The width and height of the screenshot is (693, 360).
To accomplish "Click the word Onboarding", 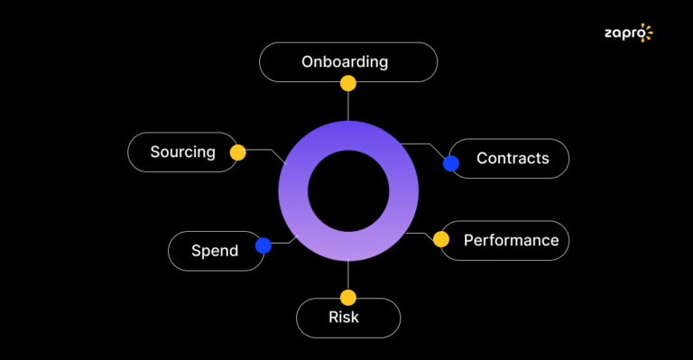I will pyautogui.click(x=345, y=62).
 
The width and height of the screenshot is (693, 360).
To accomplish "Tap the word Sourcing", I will pyautogui.click(x=183, y=152).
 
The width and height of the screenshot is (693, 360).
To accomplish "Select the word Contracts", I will pyautogui.click(x=513, y=158).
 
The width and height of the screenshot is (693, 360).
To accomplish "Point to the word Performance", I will pyautogui.click(x=511, y=240).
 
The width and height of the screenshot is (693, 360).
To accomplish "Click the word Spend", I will pyautogui.click(x=215, y=251).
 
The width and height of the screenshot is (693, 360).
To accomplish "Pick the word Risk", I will pyautogui.click(x=344, y=317).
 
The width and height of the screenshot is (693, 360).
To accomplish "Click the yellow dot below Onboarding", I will pyautogui.click(x=348, y=83).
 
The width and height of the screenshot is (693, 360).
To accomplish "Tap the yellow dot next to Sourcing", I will pyautogui.click(x=237, y=152).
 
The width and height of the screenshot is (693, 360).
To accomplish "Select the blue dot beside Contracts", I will pyautogui.click(x=451, y=163).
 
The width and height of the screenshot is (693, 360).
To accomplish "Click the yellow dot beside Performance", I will pyautogui.click(x=440, y=239).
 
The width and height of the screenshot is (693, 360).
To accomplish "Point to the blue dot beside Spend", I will pyautogui.click(x=263, y=245).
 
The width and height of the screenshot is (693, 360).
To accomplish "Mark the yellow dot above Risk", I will pyautogui.click(x=348, y=297).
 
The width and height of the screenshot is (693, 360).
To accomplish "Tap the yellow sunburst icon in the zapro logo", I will pyautogui.click(x=644, y=33).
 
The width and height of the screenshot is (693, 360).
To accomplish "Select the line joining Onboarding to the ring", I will pyautogui.click(x=348, y=105).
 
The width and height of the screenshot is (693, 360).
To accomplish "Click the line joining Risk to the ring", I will pyautogui.click(x=348, y=275).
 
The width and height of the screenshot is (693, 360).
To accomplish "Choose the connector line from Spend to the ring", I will pyautogui.click(x=287, y=241).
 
